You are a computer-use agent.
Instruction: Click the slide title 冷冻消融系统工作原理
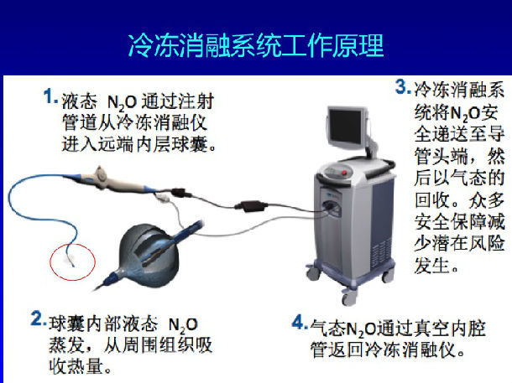[x=256, y=45]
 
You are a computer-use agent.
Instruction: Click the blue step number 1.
[x=50, y=96]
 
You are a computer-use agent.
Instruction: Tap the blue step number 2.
[x=38, y=318]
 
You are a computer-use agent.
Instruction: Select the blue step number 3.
[x=402, y=86]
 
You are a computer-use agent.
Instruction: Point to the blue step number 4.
[x=299, y=322]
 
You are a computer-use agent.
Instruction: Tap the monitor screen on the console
[x=345, y=127]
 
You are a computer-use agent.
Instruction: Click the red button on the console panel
[x=344, y=172]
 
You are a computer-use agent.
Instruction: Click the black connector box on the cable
[x=251, y=206]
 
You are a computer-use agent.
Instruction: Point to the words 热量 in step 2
[x=86, y=366]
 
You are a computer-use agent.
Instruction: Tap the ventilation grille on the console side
[x=380, y=251]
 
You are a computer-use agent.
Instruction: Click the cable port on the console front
[x=330, y=207]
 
